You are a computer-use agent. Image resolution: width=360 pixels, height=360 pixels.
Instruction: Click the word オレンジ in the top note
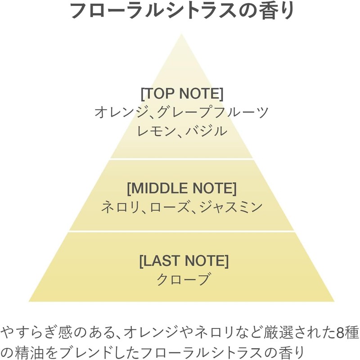(x=117, y=112)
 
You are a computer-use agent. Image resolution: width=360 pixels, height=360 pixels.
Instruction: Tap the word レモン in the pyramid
(x=154, y=131)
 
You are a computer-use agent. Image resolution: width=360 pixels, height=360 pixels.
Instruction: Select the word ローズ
(x=166, y=207)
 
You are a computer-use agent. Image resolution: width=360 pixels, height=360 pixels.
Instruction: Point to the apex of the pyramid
(x=181, y=35)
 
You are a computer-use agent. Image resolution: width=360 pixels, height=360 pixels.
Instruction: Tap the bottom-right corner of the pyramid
(x=333, y=301)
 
